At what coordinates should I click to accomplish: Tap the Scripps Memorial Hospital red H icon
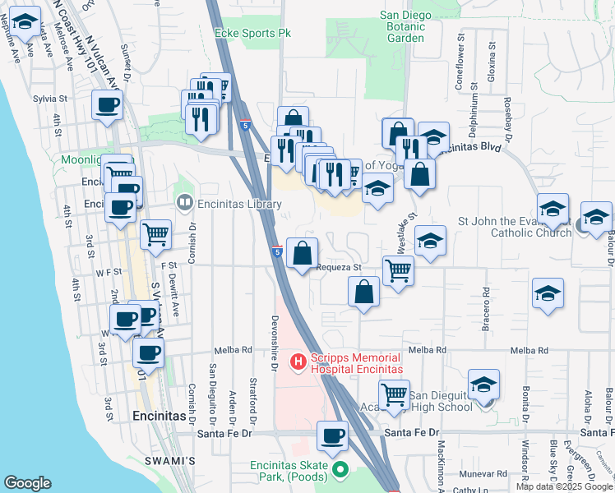[x=299, y=360]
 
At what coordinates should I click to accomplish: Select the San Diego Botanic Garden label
[x=405, y=26]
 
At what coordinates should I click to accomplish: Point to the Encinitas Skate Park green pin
[x=341, y=470]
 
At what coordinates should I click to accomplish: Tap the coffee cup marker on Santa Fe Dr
[x=333, y=435]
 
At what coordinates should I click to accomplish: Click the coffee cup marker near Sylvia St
[x=108, y=105]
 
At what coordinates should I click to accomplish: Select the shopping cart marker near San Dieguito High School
[x=395, y=394]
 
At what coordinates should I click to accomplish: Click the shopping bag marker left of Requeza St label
[x=303, y=251]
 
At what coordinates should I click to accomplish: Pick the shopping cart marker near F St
[x=155, y=234]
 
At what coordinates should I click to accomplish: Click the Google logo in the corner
[x=27, y=483]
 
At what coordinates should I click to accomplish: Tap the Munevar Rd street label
[x=483, y=473]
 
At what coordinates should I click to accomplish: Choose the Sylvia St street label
[x=49, y=98]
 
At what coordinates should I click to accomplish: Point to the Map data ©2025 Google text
[x=563, y=486]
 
